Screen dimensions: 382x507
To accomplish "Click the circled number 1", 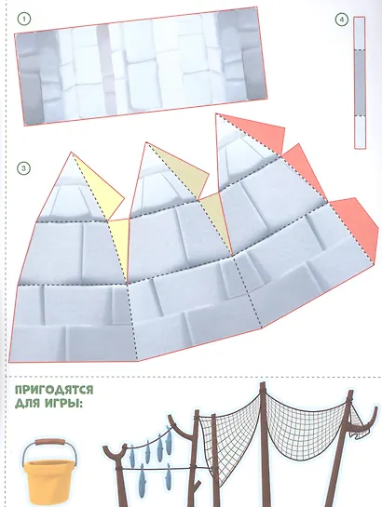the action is point(23,20).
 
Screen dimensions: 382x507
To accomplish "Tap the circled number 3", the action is point(23,168).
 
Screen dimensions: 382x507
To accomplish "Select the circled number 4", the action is point(341,20).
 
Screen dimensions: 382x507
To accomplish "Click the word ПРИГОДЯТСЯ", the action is point(54,390).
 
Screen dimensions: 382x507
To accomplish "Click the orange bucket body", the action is point(48,482).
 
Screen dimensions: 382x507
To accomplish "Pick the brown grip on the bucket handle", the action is point(50,441).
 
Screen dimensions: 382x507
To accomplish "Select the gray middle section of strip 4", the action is point(360,83).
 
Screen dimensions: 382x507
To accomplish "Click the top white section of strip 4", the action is point(360,33).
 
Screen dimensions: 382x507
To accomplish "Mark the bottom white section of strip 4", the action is point(360,132).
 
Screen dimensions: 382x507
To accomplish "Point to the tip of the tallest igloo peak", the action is point(216,113).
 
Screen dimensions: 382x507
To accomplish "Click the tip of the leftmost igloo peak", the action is point(72,153).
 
